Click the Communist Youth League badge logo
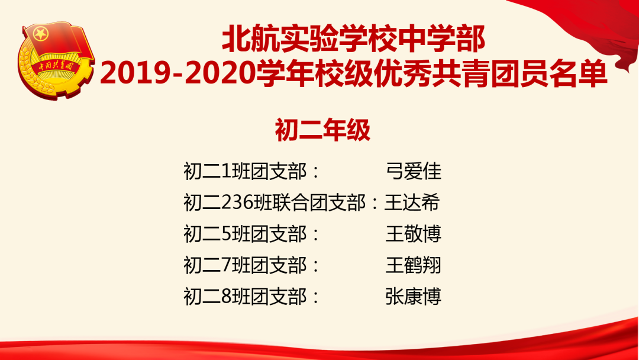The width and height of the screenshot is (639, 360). [56, 60]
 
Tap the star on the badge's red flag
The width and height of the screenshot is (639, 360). [41, 34]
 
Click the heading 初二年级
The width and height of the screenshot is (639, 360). [322, 130]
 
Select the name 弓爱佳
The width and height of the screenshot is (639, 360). [413, 171]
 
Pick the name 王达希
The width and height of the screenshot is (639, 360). [412, 202]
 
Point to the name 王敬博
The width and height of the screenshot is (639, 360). [413, 234]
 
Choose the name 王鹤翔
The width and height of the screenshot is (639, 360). [413, 265]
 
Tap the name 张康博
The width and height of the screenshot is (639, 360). [413, 297]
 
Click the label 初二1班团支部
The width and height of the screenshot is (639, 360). [245, 171]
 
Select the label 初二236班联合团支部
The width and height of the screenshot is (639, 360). [275, 202]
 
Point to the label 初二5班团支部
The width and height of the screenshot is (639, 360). [245, 234]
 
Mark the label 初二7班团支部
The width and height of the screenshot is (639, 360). [245, 265]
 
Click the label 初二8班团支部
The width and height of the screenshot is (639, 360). [245, 297]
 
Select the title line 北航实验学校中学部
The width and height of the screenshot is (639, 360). [353, 39]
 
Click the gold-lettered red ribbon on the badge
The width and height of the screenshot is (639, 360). [56, 66]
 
